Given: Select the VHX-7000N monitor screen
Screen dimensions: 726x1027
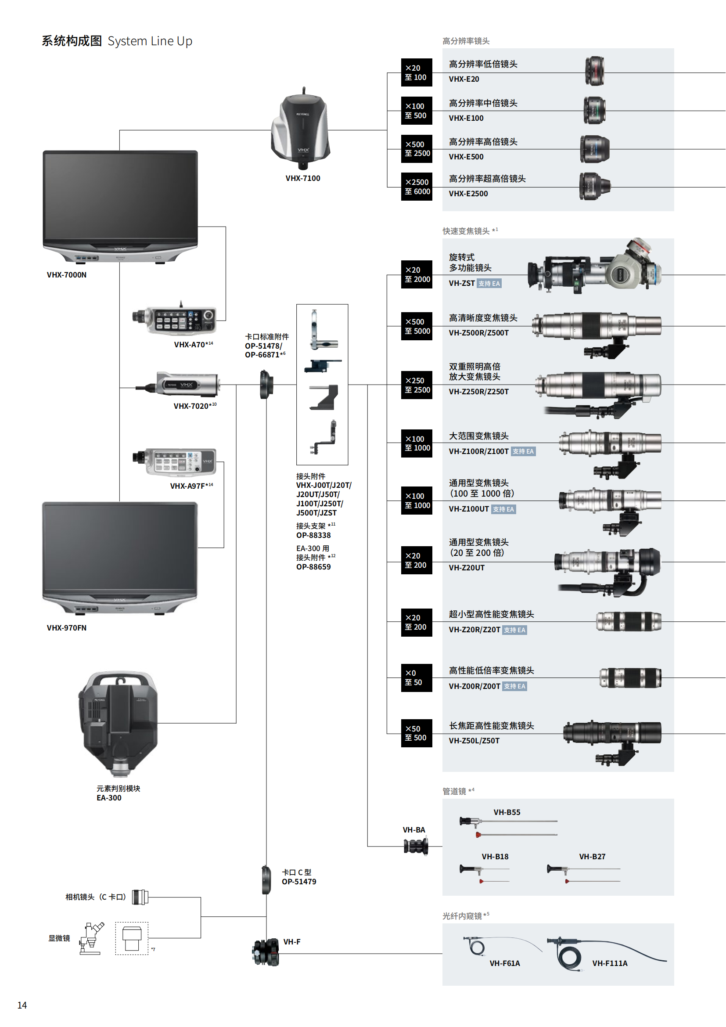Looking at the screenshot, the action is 120,197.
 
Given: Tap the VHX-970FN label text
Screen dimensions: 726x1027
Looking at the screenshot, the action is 67,627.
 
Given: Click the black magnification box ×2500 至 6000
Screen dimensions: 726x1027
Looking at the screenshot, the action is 416,187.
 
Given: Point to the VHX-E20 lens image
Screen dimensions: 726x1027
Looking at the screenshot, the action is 595,71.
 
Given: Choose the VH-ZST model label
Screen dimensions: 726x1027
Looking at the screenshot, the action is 462,283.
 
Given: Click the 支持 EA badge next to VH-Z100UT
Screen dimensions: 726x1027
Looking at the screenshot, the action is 503,509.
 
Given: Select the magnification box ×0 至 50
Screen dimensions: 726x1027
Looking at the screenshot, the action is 416,677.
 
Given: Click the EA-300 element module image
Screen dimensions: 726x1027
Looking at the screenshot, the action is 118,723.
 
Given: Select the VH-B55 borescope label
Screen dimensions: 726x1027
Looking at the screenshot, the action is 507,812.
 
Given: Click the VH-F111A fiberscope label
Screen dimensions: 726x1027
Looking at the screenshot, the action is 610,963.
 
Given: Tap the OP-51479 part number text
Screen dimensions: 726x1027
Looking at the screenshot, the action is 299,882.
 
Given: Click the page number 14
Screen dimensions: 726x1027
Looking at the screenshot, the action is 22,1005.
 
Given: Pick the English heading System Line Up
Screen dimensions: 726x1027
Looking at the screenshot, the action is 150,41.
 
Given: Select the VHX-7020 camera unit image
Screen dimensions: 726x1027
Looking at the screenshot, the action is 178,384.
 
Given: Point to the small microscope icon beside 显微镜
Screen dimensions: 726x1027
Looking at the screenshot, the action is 92,938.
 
